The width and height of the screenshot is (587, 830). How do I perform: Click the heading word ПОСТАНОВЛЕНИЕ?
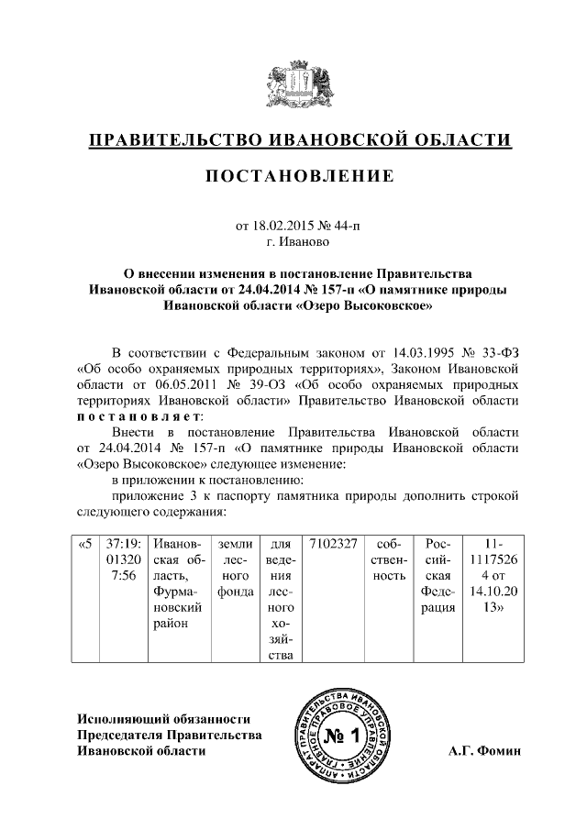[x=299, y=175]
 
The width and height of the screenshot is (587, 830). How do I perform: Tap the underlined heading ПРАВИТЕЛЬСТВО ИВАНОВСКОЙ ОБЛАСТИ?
[x=299, y=139]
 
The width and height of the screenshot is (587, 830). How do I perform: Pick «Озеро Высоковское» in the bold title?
[x=365, y=305]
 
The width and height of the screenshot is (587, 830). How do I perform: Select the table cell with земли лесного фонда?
[x=235, y=575]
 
